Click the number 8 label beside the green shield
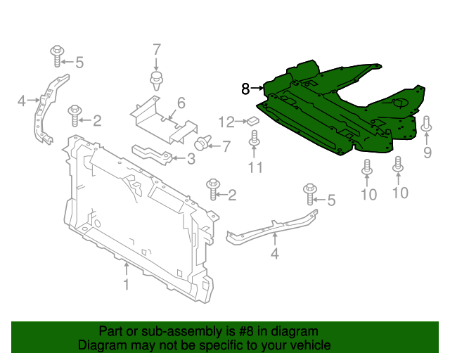click(245, 89)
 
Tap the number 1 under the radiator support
click(126, 284)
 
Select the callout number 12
click(226, 122)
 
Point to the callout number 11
click(255, 167)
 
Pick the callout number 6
click(181, 103)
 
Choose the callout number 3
click(191, 160)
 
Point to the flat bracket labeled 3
click(151, 153)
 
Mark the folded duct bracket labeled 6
click(162, 118)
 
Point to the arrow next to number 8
click(257, 89)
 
